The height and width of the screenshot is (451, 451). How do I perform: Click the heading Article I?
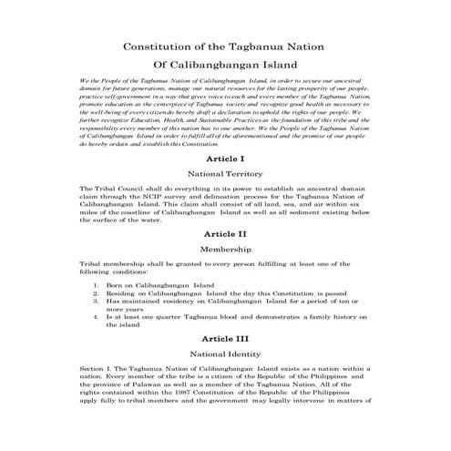(224, 158)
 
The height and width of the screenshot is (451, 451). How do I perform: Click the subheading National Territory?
(224, 172)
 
